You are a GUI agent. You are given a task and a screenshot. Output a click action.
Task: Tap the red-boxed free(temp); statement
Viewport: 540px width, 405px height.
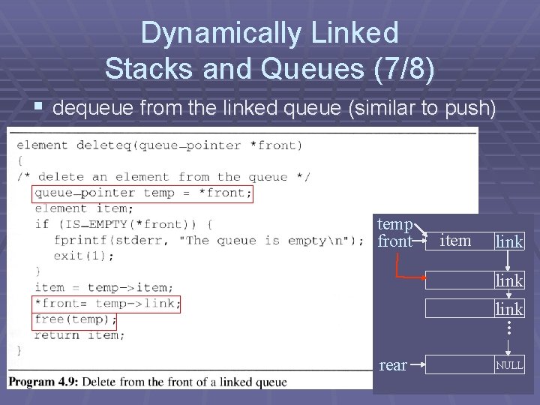[x=75, y=319]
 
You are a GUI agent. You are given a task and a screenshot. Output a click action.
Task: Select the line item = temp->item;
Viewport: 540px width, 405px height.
[x=104, y=287]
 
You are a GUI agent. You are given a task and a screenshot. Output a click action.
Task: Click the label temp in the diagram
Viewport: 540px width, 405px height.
[x=394, y=224]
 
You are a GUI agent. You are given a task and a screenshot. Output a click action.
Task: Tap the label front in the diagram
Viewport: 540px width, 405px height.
[x=394, y=241]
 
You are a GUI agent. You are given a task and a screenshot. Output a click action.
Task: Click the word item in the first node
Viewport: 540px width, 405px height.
[x=454, y=241]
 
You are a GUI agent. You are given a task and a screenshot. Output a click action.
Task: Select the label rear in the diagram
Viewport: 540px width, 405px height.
[x=393, y=365]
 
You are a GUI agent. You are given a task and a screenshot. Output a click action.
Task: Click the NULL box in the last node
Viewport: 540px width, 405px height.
[x=508, y=365]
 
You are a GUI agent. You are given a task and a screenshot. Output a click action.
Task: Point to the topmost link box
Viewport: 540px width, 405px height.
[x=508, y=241]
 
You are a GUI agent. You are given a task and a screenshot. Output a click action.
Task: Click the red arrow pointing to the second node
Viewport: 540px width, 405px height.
[x=409, y=277]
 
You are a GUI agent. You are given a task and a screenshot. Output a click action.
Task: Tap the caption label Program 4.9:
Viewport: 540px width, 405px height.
[x=43, y=382]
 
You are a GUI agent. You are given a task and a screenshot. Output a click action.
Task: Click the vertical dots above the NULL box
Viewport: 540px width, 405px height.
[x=508, y=328]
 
